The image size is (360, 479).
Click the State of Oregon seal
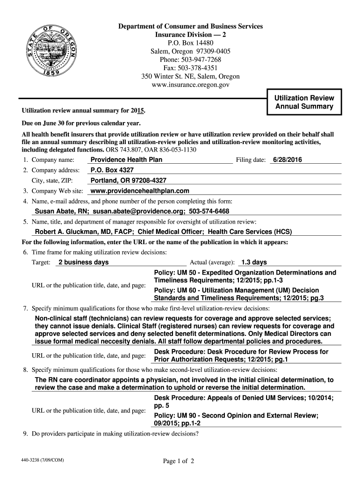[56, 52]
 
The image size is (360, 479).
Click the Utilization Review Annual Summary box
[304, 102]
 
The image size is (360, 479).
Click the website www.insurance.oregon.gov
[190, 85]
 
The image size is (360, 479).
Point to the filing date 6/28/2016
[288, 160]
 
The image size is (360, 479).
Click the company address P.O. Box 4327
[112, 170]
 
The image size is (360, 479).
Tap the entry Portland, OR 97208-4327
[128, 181]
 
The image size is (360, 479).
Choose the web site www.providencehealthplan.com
[139, 191]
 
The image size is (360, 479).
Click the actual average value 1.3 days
[254, 262]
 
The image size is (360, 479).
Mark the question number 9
[26, 434]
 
